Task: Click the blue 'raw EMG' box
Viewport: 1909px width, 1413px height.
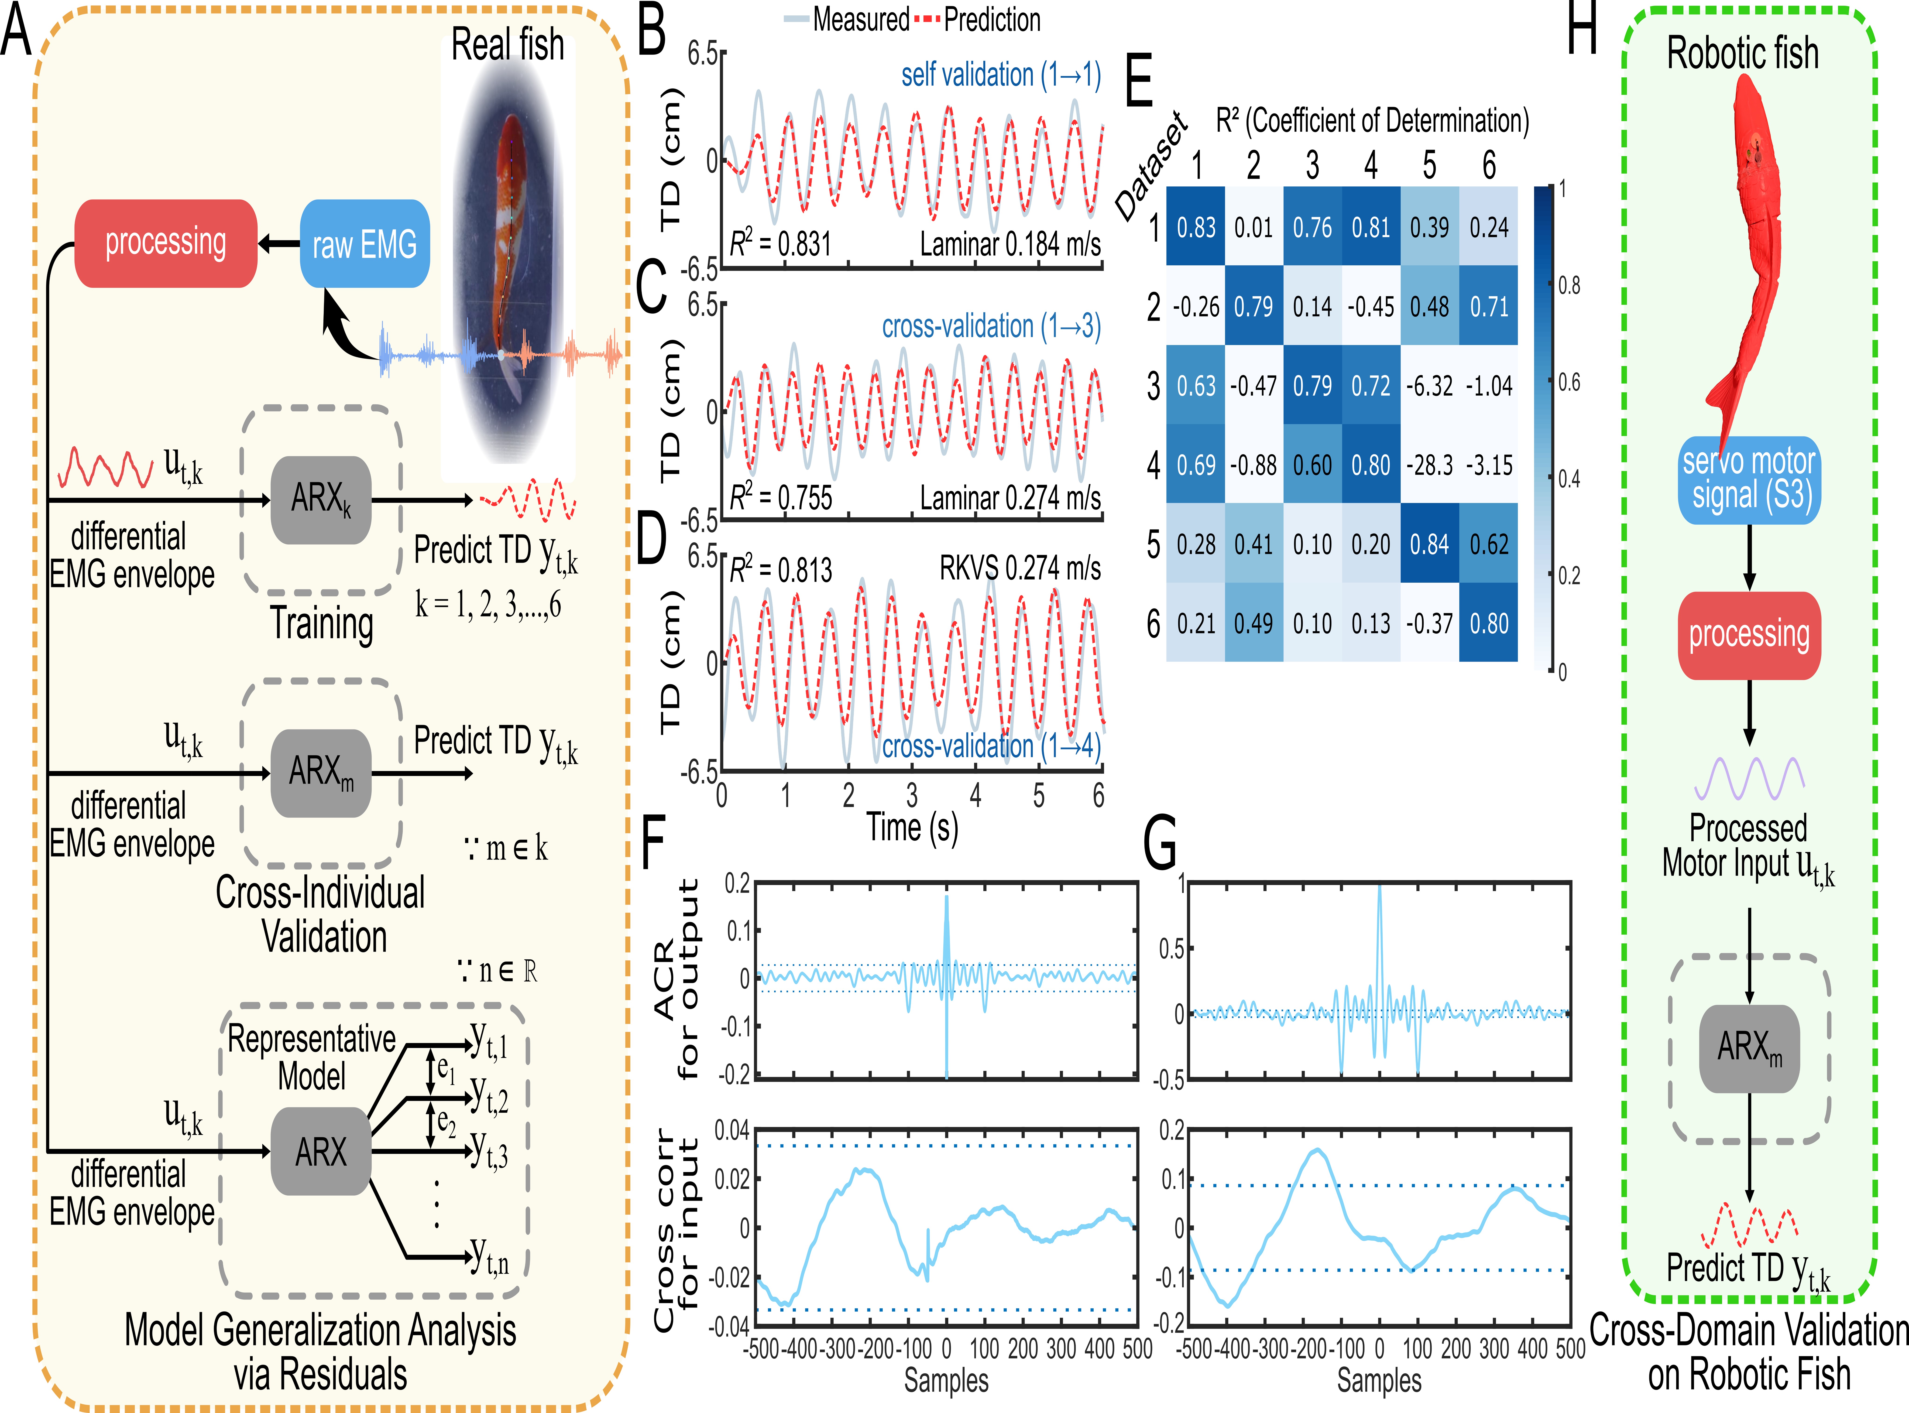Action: point(364,244)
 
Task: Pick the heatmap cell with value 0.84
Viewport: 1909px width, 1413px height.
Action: point(1429,544)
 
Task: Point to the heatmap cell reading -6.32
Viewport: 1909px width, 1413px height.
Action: point(1429,386)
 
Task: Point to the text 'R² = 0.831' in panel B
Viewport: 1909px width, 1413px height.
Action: point(780,245)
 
